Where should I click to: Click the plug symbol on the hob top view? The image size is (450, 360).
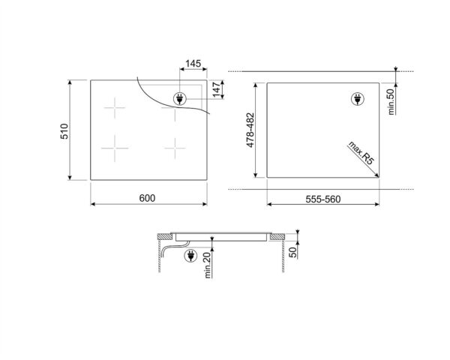180,97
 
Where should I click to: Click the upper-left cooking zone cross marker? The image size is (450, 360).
115,109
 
